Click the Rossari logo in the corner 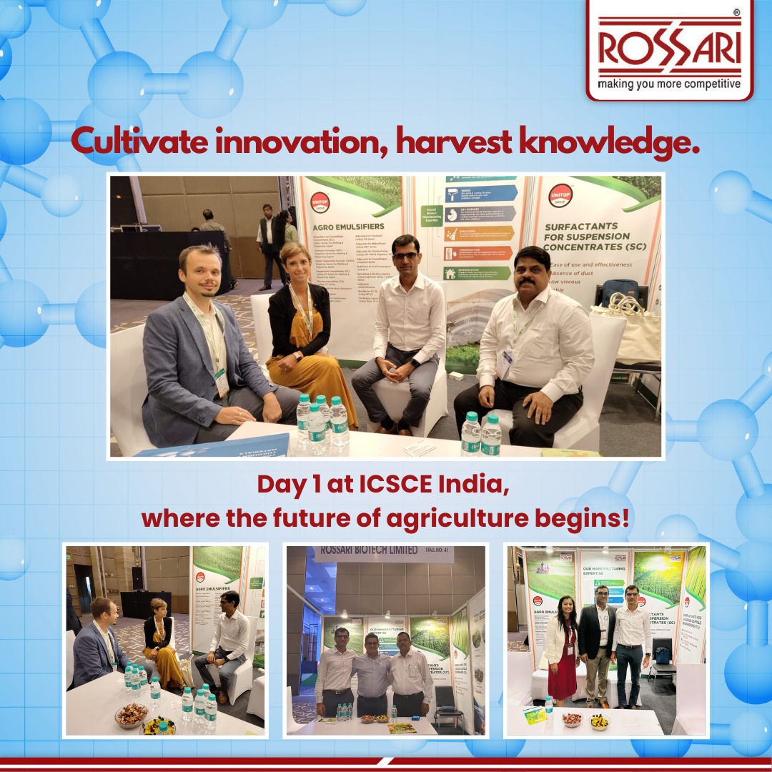click(x=669, y=49)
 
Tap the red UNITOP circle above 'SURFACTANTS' click(x=560, y=195)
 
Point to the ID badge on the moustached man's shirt click(x=505, y=363)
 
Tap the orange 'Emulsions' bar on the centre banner click(x=479, y=234)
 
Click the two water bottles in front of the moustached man click(x=480, y=434)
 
